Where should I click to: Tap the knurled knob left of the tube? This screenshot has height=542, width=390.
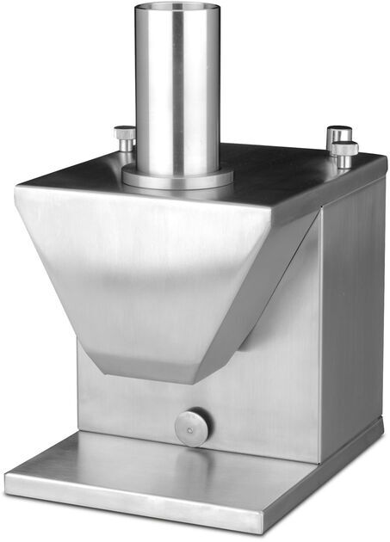click(x=125, y=135)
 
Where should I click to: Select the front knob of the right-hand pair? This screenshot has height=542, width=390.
click(x=344, y=151)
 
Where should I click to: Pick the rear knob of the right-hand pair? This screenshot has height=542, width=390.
click(x=338, y=134)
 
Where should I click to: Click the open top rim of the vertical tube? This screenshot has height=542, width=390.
click(x=176, y=7)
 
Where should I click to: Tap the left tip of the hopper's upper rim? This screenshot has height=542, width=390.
click(x=16, y=190)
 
